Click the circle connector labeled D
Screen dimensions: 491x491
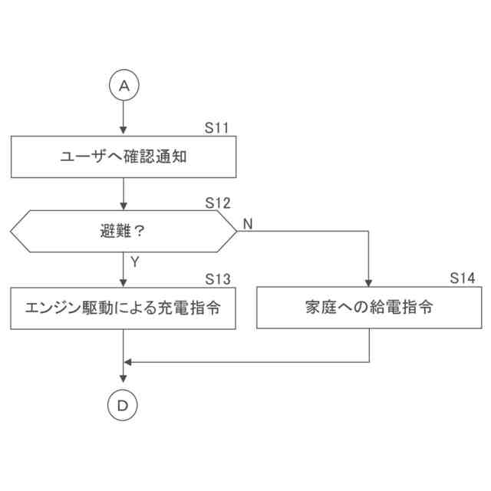pyautogui.click(x=124, y=404)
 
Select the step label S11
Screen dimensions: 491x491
pyautogui.click(x=218, y=128)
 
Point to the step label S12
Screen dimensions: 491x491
pyautogui.click(x=218, y=203)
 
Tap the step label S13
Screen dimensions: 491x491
pyautogui.click(x=218, y=278)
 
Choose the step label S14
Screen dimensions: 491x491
pyautogui.click(x=463, y=278)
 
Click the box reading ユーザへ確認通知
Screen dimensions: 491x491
pyautogui.click(x=124, y=158)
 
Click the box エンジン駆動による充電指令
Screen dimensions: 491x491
pyautogui.click(x=124, y=308)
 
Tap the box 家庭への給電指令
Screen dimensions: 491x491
pyautogui.click(x=369, y=308)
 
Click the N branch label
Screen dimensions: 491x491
pyautogui.click(x=248, y=223)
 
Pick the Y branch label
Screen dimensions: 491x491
pyautogui.click(x=134, y=262)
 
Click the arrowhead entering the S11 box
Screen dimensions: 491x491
pyautogui.click(x=124, y=133)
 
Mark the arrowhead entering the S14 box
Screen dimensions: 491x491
pyautogui.click(x=369, y=283)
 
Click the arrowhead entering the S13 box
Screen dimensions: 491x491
pyautogui.click(x=124, y=283)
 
